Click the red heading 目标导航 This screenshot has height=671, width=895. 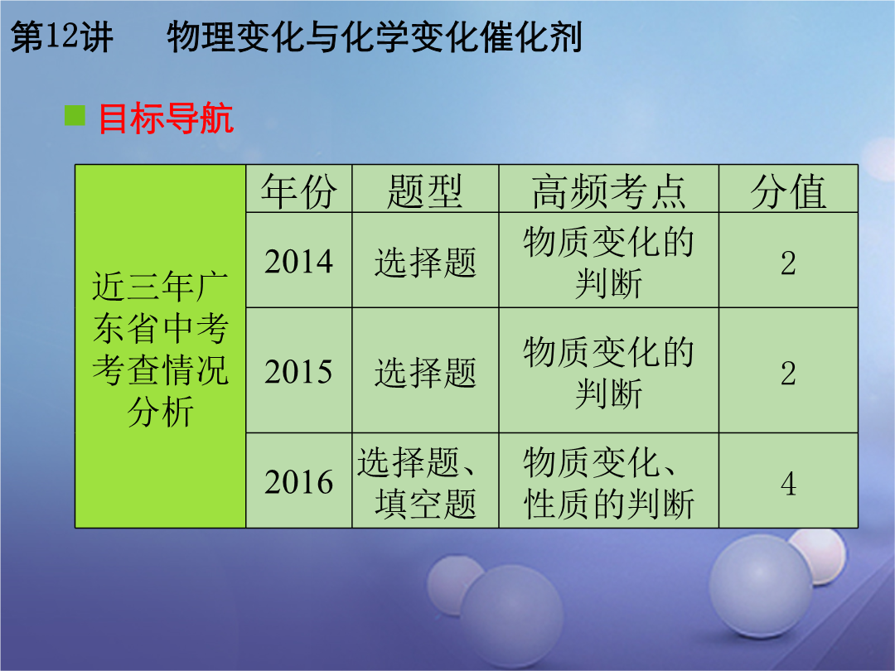click(166, 118)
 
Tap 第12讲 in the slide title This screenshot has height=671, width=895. click(61, 37)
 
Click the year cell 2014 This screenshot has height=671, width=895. click(298, 262)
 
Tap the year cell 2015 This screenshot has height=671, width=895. click(298, 372)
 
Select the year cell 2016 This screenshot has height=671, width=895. click(298, 482)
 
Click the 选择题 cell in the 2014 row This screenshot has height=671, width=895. click(425, 263)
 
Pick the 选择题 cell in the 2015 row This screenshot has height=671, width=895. click(425, 373)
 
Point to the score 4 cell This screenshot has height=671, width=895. click(788, 483)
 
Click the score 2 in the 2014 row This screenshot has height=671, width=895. click(788, 263)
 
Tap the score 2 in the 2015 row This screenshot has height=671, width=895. click(788, 373)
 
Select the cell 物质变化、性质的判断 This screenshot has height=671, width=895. click(608, 483)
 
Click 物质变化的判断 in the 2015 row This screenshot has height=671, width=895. click(608, 373)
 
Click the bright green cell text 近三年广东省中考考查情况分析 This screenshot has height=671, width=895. click(161, 349)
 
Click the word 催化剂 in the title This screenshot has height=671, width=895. click(531, 37)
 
